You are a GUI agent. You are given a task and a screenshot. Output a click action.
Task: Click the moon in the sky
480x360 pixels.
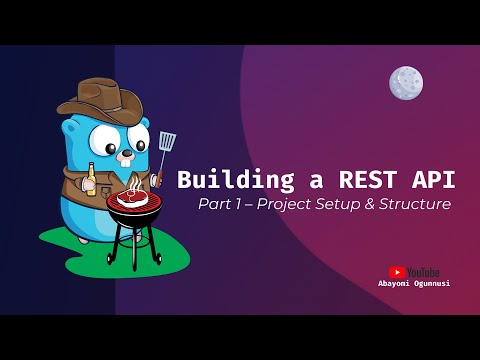[x=406, y=82]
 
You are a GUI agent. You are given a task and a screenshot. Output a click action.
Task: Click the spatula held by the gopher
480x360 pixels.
[x=166, y=142]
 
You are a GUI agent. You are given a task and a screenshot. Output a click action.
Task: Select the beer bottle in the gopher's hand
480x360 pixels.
[x=90, y=179]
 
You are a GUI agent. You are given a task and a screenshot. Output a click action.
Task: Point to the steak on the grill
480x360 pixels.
[x=132, y=197]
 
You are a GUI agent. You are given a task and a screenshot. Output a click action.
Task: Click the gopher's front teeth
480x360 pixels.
[x=122, y=158]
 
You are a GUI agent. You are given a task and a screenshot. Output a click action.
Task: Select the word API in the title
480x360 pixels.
[x=429, y=180]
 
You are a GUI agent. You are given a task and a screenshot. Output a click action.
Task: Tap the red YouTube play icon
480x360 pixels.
[x=397, y=272]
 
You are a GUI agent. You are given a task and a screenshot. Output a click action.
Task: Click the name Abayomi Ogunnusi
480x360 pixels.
[x=414, y=283]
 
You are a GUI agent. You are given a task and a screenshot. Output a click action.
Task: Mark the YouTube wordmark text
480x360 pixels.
[x=422, y=272]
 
